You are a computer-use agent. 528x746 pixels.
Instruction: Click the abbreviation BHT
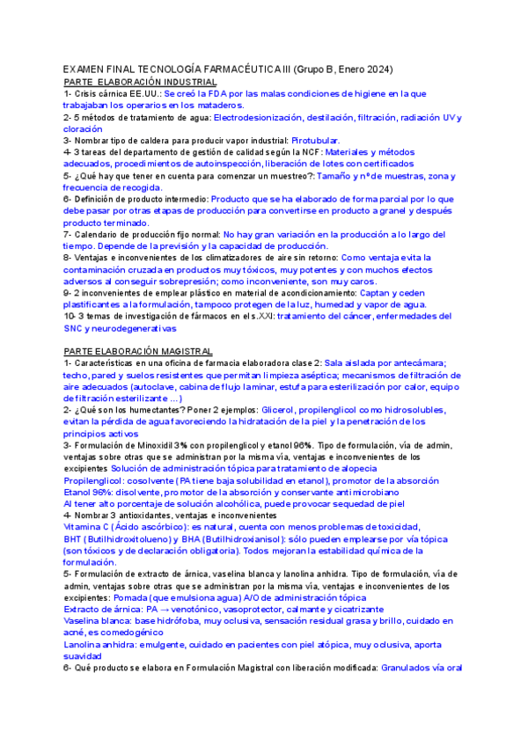(74, 538)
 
